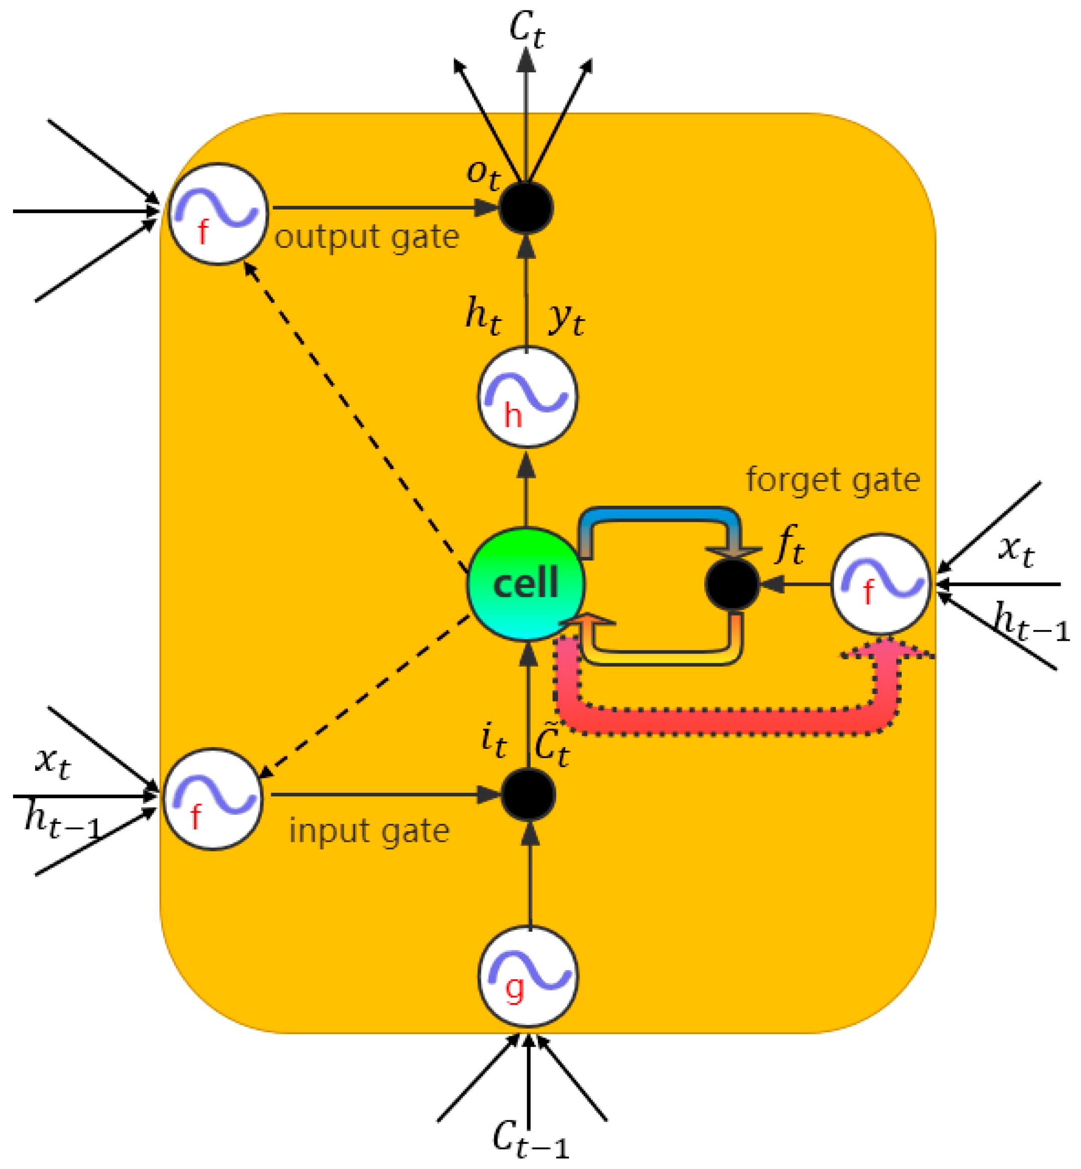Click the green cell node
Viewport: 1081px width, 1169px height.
pyautogui.click(x=525, y=584)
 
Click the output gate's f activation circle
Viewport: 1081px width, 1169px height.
pyautogui.click(x=218, y=214)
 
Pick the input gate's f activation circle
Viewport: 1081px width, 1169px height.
pyautogui.click(x=212, y=799)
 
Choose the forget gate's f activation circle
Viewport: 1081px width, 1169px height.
pyautogui.click(x=880, y=583)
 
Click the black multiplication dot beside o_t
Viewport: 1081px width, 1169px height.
pyautogui.click(x=525, y=208)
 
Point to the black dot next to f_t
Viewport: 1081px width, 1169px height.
pyautogui.click(x=732, y=584)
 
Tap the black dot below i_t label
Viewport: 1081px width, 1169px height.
pyautogui.click(x=528, y=795)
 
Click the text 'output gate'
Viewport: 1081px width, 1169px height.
pyautogui.click(x=367, y=237)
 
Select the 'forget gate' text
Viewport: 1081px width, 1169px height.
pyautogui.click(x=832, y=480)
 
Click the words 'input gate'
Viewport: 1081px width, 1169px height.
pyautogui.click(x=369, y=831)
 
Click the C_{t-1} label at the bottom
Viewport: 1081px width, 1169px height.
pyautogui.click(x=529, y=1138)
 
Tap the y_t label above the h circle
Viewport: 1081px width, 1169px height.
pyautogui.click(x=566, y=319)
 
